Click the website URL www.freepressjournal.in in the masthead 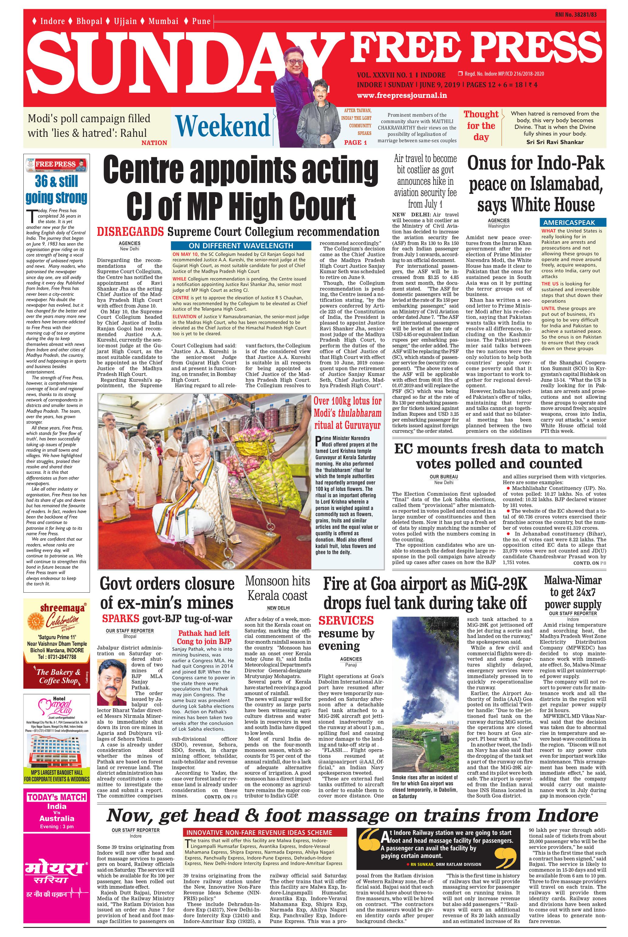tap(402, 95)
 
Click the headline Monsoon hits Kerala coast tap(278, 588)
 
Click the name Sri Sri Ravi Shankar tap(555, 142)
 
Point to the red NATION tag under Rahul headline tap(154, 143)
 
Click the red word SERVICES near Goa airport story tap(346, 621)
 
